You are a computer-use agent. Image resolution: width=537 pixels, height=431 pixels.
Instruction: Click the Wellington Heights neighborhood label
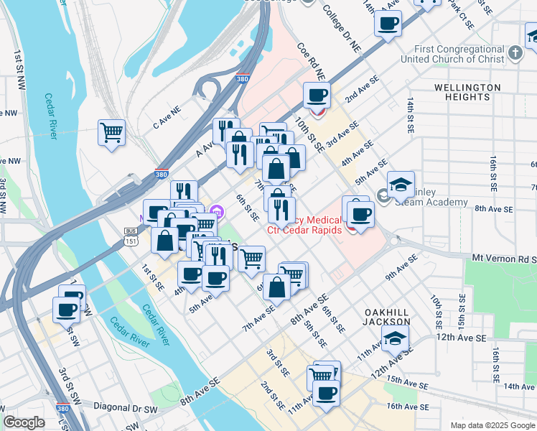467,92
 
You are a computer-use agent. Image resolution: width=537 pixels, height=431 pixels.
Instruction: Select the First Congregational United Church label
454,55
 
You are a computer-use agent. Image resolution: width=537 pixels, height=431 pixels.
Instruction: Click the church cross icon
515,52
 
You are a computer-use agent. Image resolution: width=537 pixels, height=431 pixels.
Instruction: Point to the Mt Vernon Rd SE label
503,257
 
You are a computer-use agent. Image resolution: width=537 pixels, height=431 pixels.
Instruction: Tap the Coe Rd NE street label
311,61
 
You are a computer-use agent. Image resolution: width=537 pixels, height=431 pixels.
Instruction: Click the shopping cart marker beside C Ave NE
111,132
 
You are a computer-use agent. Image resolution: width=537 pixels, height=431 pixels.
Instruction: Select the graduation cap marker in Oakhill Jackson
395,339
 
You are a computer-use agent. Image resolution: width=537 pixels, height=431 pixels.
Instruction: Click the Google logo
24,422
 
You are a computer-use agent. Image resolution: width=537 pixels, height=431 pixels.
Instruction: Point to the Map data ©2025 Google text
492,425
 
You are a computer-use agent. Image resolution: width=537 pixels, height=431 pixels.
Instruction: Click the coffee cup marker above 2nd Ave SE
317,96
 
